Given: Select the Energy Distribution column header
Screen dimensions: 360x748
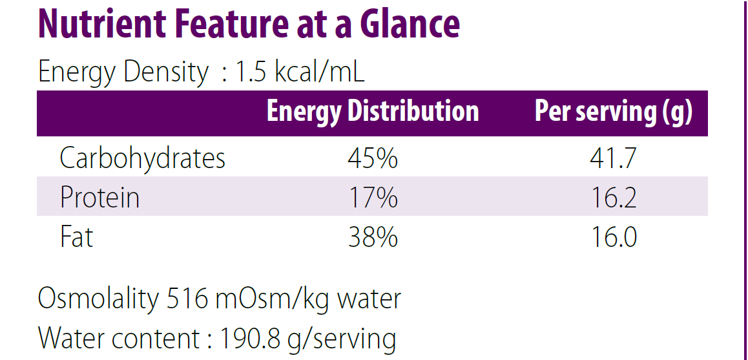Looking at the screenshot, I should click(373, 112).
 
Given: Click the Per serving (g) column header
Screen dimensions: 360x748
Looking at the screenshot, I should click(613, 112).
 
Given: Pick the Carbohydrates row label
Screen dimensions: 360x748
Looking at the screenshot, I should click(142, 158).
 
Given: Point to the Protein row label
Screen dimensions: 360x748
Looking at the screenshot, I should click(99, 197).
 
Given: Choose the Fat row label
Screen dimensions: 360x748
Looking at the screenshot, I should click(76, 237).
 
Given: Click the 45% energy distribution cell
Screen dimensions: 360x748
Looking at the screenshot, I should click(372, 158).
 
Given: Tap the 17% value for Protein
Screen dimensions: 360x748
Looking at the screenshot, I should click(372, 197).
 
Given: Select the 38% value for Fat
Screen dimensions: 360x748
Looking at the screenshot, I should click(372, 237).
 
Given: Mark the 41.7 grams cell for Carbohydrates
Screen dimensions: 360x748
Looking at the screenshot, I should click(613, 158).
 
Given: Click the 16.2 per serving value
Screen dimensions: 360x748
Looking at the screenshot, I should click(613, 197).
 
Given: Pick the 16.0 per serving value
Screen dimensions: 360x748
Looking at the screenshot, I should click(613, 237).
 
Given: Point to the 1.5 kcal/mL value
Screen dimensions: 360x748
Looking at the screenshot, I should click(300, 72).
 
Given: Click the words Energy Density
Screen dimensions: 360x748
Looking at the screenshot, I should click(123, 72).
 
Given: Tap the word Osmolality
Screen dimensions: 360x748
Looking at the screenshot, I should click(98, 299).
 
